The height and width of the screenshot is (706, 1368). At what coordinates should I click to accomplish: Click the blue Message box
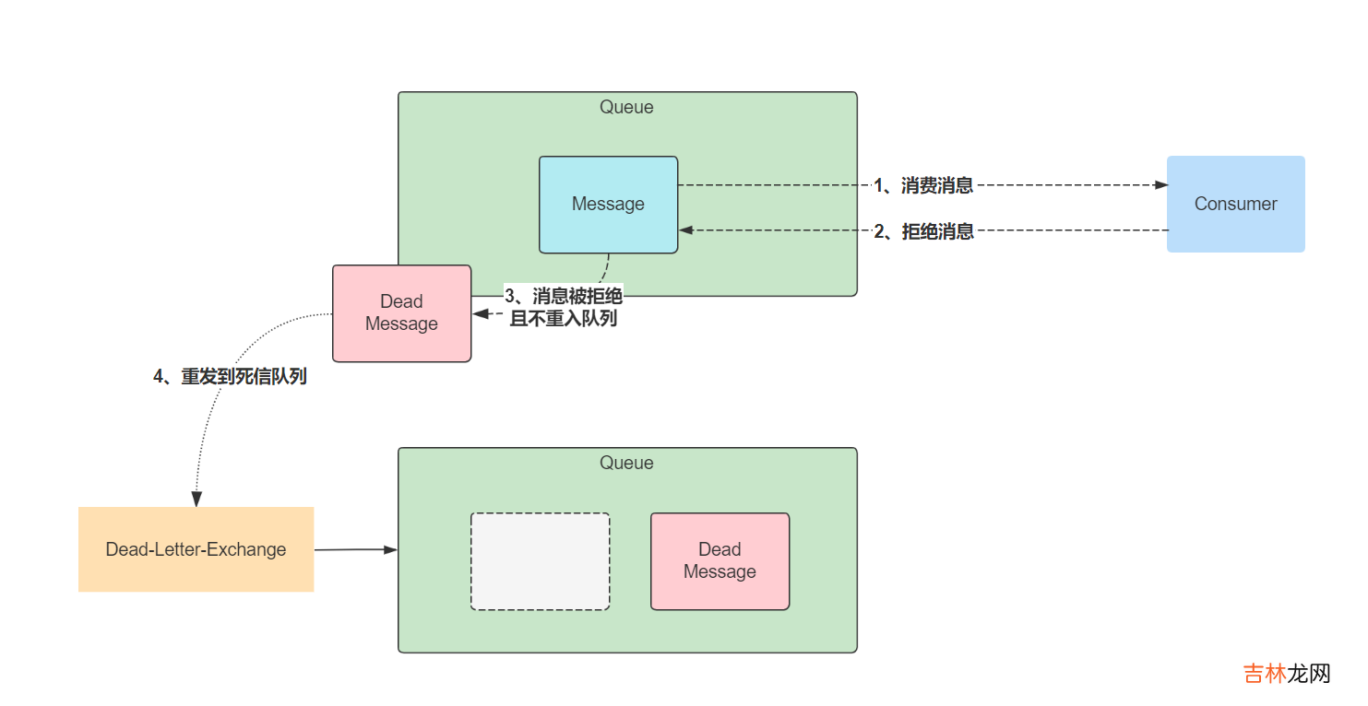[608, 205]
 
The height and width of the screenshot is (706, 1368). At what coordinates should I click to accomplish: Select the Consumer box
[1235, 204]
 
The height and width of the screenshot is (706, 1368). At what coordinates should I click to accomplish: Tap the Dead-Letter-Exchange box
[196, 549]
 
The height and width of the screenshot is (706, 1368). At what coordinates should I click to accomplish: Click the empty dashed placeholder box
[540, 561]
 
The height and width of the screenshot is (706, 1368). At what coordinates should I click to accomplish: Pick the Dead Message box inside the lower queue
[720, 561]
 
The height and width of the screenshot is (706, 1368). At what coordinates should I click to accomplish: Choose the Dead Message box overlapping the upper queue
[401, 313]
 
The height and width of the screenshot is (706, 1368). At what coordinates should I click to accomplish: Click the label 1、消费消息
[923, 185]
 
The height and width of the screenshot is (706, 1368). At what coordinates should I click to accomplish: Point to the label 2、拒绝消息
[923, 231]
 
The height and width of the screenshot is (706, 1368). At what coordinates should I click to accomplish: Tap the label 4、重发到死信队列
[230, 376]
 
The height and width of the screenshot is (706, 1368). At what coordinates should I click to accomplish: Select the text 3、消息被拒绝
[563, 296]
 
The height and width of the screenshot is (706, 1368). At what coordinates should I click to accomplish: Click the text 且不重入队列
[563, 319]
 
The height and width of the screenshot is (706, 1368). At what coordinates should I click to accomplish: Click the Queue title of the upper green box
[626, 107]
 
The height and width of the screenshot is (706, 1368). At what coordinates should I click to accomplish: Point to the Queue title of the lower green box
[626, 463]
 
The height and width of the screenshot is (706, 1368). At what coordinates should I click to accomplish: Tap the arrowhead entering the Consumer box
[1160, 185]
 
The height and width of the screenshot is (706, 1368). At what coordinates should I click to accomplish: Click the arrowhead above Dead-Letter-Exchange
[196, 499]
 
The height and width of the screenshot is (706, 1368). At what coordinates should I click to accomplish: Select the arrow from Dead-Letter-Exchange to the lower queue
[355, 549]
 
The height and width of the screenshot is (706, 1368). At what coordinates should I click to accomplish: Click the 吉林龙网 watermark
[1287, 674]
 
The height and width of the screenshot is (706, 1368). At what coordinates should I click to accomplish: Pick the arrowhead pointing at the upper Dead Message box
[481, 314]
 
